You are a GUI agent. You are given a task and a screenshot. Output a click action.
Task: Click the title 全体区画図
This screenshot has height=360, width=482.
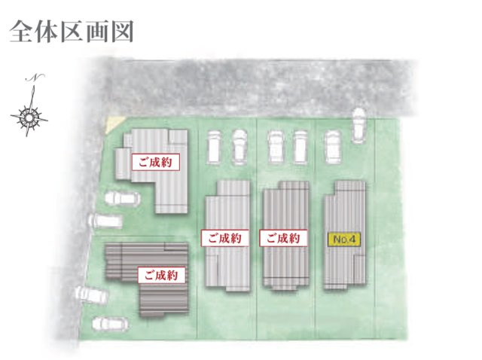72,32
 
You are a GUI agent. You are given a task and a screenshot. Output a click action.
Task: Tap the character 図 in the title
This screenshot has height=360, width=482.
122,32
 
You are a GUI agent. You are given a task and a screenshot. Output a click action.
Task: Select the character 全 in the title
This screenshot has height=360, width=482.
21,32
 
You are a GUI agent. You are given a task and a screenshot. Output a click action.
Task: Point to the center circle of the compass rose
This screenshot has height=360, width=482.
29,117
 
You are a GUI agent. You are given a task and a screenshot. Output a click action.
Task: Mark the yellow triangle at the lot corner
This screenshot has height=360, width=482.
114,124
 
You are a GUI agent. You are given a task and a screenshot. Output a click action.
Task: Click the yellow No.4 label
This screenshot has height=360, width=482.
344,239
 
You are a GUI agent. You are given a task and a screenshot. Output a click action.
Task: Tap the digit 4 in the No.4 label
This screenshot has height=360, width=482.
355,239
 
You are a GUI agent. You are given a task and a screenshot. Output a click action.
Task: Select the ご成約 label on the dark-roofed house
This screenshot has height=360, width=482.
162,275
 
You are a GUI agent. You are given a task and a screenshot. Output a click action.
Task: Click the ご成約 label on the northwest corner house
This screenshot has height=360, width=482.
156,162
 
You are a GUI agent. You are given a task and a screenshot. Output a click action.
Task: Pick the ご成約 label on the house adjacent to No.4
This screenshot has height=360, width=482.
283,238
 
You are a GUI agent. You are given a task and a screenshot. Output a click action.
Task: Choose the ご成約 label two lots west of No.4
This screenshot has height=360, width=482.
225,238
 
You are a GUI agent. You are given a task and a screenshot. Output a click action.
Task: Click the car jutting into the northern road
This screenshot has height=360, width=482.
358,126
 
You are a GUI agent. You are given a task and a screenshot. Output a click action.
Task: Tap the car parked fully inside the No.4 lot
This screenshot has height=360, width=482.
332,147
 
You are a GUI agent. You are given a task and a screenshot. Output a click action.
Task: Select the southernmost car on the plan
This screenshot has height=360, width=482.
110,324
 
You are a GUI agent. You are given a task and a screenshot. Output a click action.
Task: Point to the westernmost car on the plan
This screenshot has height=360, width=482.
92,294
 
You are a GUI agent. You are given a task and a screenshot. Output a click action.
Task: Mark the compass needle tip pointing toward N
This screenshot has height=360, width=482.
33,86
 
